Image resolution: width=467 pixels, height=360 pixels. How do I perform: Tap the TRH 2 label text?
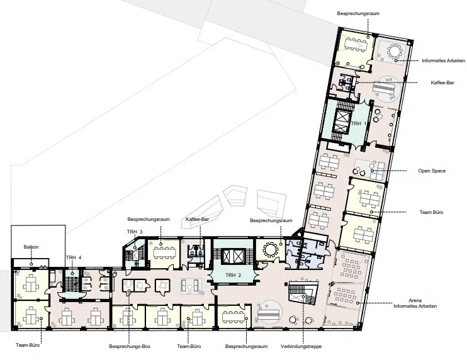(x=233, y=275)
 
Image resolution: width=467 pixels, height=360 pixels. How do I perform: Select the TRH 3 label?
(x=135, y=232)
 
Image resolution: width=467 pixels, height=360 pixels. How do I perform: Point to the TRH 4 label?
(x=74, y=257)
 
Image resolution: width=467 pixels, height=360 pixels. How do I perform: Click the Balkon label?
(x=31, y=247)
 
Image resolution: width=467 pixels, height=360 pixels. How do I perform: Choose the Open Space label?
(x=432, y=171)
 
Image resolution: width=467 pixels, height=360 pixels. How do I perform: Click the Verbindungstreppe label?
(x=301, y=346)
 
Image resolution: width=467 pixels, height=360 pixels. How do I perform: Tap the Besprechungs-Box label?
(x=130, y=346)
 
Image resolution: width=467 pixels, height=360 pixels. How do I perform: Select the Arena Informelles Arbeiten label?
(x=415, y=303)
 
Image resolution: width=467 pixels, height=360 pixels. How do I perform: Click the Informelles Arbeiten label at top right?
(x=443, y=60)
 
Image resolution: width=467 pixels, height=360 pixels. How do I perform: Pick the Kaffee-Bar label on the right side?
(x=442, y=82)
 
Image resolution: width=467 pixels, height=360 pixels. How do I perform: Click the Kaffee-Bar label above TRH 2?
(x=197, y=219)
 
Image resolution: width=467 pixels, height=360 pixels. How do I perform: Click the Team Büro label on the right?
(x=431, y=212)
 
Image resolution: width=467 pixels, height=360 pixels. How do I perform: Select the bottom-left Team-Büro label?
(x=28, y=345)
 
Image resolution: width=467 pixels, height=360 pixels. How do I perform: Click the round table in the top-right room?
(x=395, y=52)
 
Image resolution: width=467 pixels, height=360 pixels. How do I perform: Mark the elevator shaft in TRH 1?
(x=341, y=121)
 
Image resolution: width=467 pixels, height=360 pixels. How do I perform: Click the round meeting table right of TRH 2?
(x=271, y=250)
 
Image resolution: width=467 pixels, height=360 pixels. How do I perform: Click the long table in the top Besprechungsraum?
(x=356, y=44)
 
